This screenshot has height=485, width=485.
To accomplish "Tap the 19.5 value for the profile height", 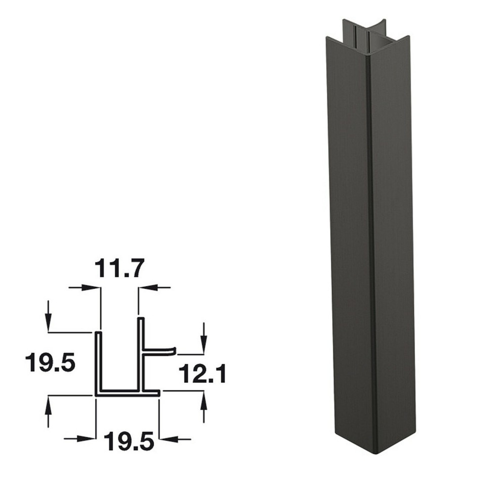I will (x=51, y=363).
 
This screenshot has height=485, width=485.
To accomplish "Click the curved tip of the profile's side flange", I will (x=173, y=350).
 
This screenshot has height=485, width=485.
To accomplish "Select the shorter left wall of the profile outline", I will (x=99, y=361).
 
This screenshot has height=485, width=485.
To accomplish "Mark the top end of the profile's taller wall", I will (x=141, y=319).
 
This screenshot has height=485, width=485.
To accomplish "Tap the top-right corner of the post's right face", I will (x=408, y=38).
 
